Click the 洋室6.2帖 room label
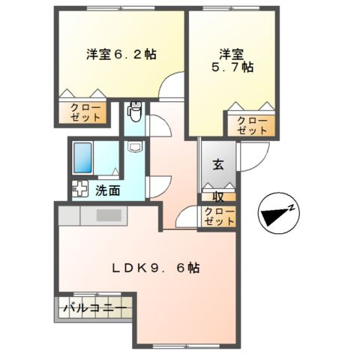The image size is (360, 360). [121, 54]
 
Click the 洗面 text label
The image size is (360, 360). [107, 190]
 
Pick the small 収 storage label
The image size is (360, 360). [218, 197]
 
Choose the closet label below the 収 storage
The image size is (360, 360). [218, 217]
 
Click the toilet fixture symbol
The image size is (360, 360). [135, 112]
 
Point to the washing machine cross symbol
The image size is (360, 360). [79, 190]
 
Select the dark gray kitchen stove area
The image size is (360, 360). [109, 215]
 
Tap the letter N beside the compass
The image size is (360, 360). [295, 208]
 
